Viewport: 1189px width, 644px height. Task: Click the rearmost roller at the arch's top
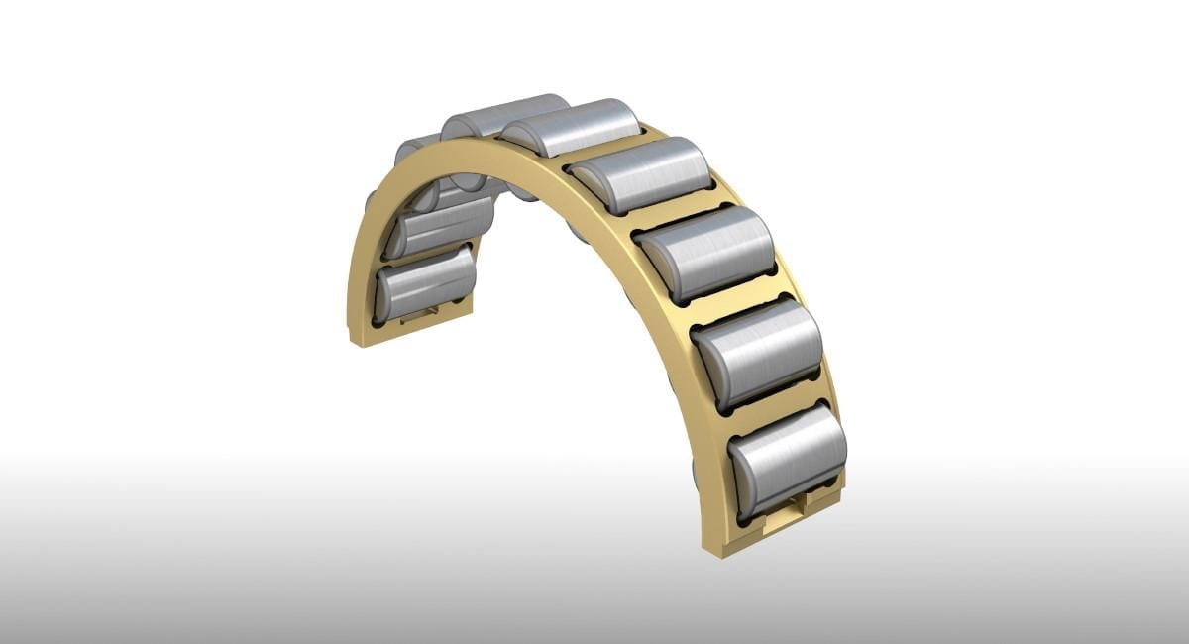coord(500,113)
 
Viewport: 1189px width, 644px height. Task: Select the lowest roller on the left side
coord(426,282)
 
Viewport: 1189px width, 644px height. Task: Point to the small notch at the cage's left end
coord(422,314)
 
